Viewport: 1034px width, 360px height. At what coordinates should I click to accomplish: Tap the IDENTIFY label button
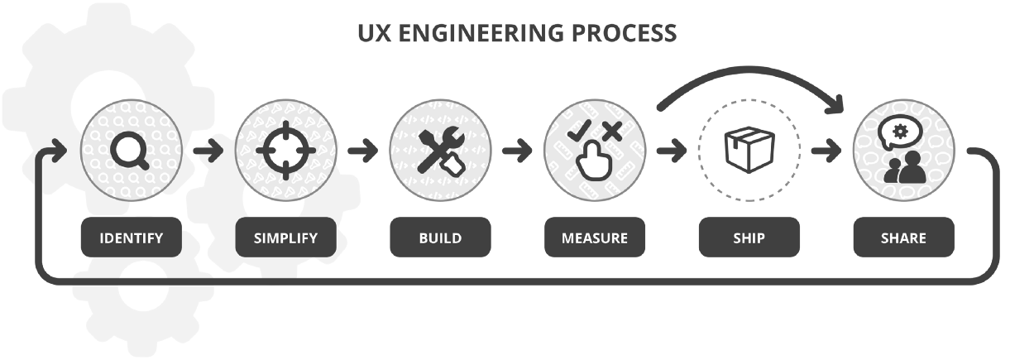[132, 238]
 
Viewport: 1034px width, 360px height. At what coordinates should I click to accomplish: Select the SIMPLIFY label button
[286, 238]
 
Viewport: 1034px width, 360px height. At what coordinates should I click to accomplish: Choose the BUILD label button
[440, 238]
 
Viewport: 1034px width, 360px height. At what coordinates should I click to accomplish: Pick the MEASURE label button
[595, 238]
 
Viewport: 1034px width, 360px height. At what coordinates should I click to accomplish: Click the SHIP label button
[749, 238]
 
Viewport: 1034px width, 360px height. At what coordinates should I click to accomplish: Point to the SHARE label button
[903, 238]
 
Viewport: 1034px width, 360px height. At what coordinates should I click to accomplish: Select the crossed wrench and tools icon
[440, 151]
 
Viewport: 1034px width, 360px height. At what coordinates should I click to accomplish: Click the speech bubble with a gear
[898, 133]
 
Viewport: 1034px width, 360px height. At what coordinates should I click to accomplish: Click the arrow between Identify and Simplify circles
[208, 151]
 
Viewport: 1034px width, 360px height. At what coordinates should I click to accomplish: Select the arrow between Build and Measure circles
[517, 151]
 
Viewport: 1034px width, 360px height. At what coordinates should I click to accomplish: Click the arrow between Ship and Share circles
[826, 151]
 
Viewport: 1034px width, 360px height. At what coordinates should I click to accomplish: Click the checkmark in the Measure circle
[582, 129]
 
